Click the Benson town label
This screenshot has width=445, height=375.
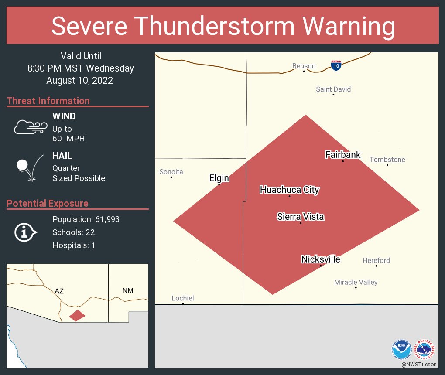click(304, 66)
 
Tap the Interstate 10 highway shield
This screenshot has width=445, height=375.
click(335, 65)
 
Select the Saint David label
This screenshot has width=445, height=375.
click(333, 89)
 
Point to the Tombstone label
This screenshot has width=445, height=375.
click(387, 160)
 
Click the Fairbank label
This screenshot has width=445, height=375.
click(343, 154)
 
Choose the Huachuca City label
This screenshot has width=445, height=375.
click(289, 190)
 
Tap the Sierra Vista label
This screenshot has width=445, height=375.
click(300, 217)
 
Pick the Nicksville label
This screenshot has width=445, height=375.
click(320, 259)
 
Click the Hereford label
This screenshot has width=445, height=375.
click(376, 260)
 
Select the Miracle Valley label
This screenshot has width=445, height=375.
click(356, 282)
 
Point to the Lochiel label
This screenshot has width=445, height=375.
click(182, 298)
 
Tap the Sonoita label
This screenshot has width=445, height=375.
click(171, 172)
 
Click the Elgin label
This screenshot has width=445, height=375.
click(219, 178)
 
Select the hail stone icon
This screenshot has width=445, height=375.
click(22, 166)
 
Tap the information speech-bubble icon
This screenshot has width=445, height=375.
click(25, 232)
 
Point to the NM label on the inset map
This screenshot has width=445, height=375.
click(128, 291)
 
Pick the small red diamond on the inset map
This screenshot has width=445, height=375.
click(77, 315)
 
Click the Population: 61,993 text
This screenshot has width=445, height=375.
click(86, 219)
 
